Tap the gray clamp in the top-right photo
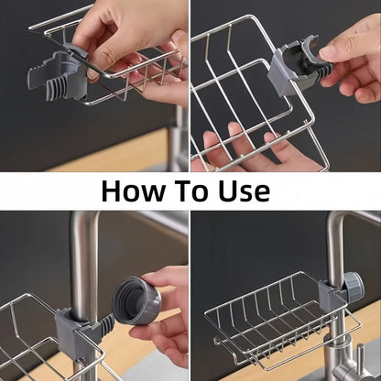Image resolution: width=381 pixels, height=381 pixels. pos(291,67)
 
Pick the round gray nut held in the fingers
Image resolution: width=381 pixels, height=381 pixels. pos(136,301)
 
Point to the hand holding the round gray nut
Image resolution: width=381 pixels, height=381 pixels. pos(169,311)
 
